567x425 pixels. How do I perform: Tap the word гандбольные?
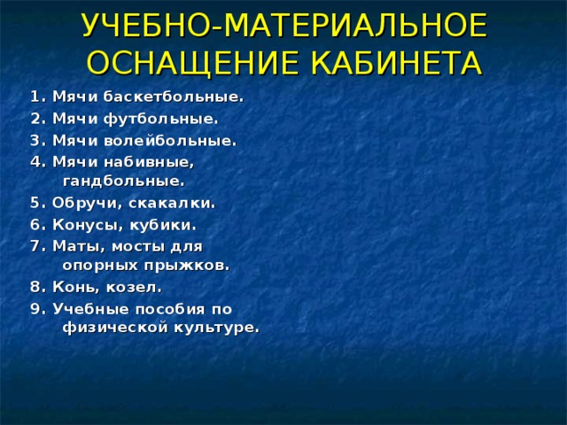point(123,181)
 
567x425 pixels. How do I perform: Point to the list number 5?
point(35,202)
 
